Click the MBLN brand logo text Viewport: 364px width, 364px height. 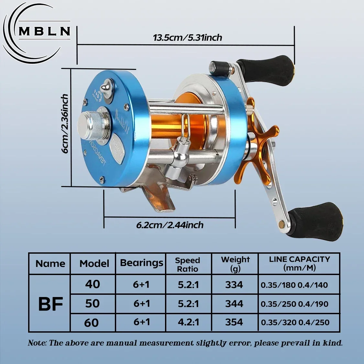[x=44, y=31]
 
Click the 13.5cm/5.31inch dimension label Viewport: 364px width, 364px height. [x=187, y=38]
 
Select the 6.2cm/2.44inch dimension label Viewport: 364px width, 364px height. [x=170, y=225]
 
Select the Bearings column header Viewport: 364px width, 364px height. [x=141, y=263]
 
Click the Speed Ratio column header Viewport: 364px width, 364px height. [x=188, y=264]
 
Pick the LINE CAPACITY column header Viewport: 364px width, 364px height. [x=299, y=263]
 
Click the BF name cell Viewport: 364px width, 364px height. [x=50, y=304]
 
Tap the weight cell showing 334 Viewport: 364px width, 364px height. [x=234, y=285]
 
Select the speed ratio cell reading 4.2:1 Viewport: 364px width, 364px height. [x=188, y=322]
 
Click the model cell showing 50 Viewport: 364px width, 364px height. [x=92, y=303]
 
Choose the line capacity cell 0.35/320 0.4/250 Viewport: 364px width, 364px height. [x=295, y=322]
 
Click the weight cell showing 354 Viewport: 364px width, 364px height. [x=234, y=322]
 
